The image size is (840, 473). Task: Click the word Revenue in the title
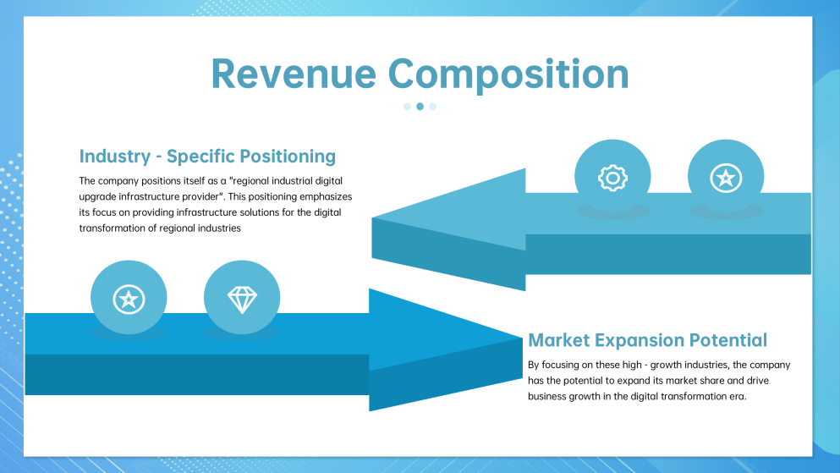294,74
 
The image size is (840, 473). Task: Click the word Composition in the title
508,75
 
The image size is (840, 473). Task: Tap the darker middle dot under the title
420,107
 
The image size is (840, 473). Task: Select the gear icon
612,178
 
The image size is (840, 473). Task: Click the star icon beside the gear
726,178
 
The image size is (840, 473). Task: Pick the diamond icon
242,299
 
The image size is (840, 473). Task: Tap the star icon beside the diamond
129,299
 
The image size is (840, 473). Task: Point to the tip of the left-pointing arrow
372,217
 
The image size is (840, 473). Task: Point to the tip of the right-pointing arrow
522,338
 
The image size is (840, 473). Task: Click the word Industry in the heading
115,157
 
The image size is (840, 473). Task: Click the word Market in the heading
559,340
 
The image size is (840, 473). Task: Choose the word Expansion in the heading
640,341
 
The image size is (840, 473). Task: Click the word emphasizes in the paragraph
326,196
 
